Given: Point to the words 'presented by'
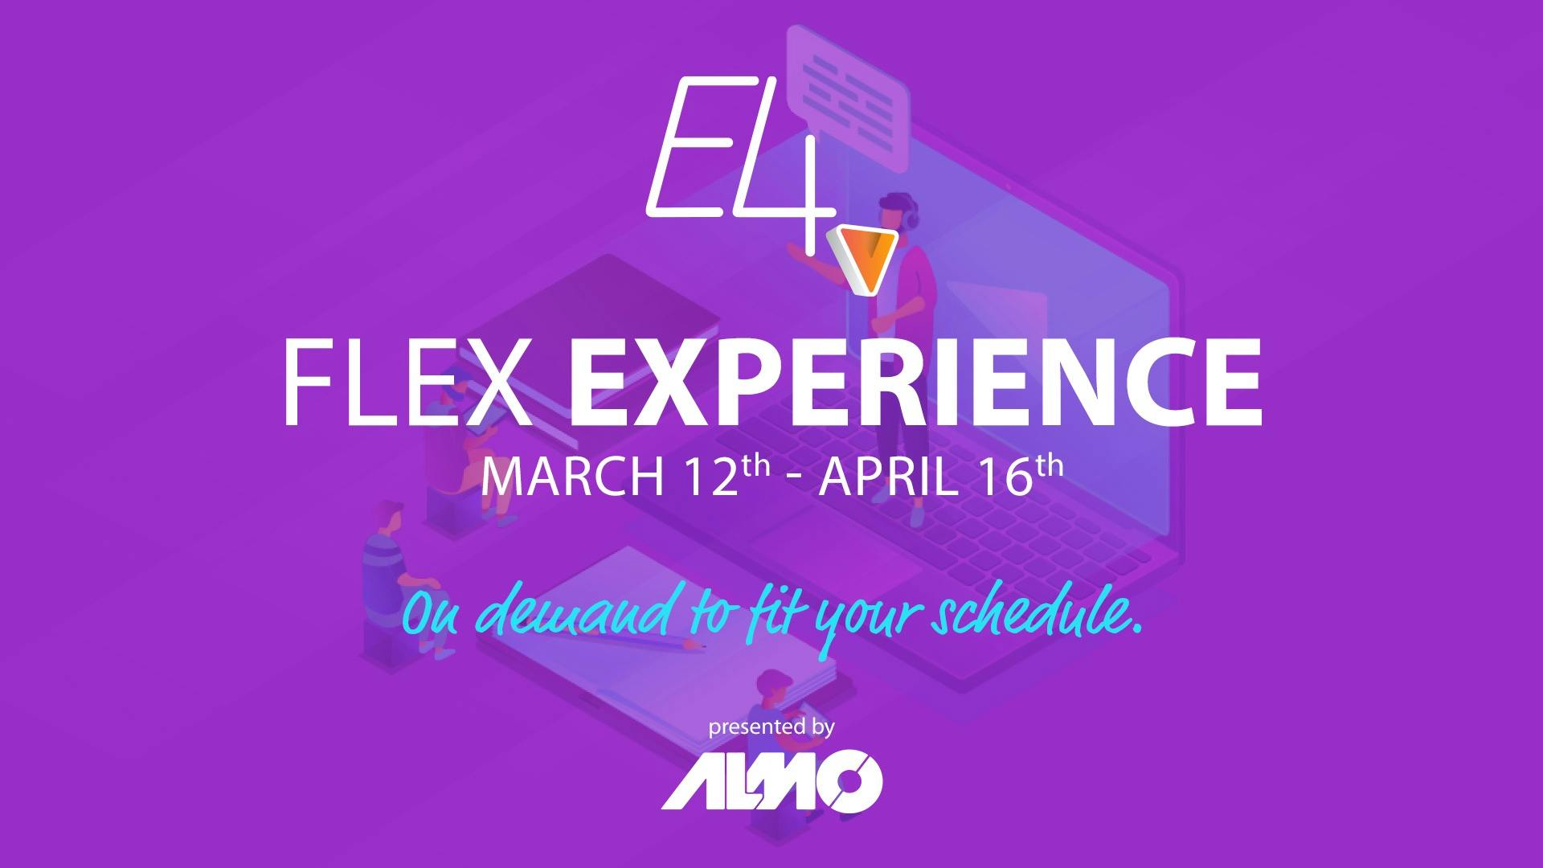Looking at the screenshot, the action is (771, 728).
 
